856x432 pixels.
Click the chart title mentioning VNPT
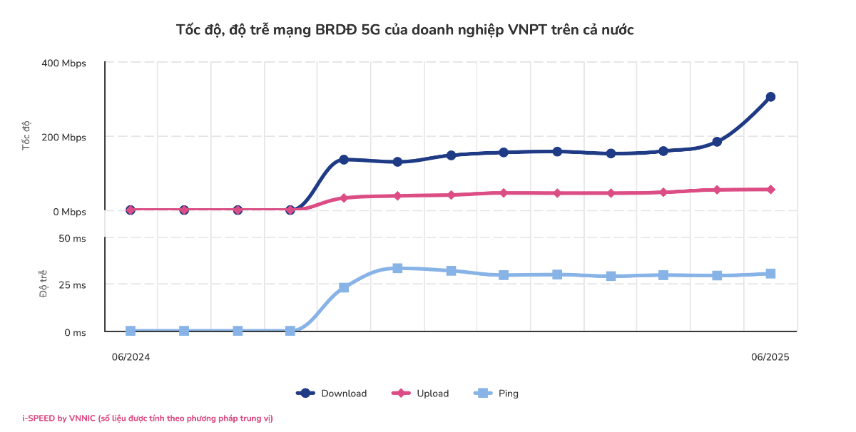tap(404, 30)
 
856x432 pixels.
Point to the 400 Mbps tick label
tap(63, 63)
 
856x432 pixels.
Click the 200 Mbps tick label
tap(63, 137)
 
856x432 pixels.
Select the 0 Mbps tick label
tap(68, 212)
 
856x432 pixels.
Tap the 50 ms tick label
tap(72, 239)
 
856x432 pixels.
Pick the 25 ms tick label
tap(72, 285)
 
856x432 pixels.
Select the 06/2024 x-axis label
tap(131, 357)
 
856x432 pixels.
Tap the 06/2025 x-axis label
tap(770, 357)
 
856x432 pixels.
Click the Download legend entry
tap(332, 394)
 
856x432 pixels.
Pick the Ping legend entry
tap(496, 394)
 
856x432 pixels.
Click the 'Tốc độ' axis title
tap(27, 135)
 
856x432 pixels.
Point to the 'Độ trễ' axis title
tap(44, 284)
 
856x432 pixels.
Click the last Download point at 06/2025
tap(770, 97)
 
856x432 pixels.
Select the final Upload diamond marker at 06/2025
tap(770, 190)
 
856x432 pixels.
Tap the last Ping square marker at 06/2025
tap(770, 274)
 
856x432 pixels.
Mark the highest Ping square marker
tap(397, 268)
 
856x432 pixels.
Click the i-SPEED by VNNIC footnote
tap(147, 418)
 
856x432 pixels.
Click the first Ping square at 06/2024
tap(131, 331)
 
